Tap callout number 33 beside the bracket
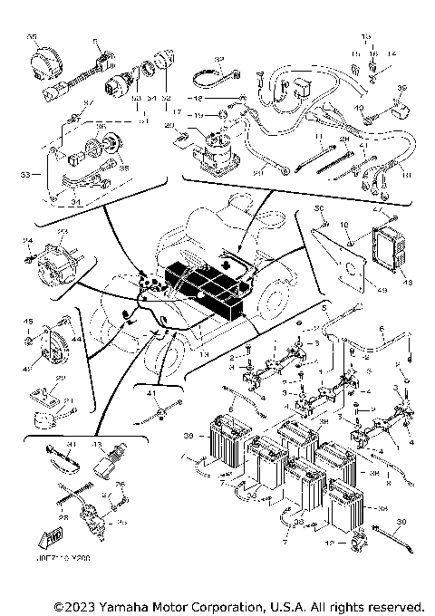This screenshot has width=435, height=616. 25,173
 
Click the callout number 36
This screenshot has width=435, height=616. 75,127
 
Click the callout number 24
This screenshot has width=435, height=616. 27,240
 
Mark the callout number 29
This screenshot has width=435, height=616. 60,378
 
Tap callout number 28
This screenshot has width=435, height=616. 64,517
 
